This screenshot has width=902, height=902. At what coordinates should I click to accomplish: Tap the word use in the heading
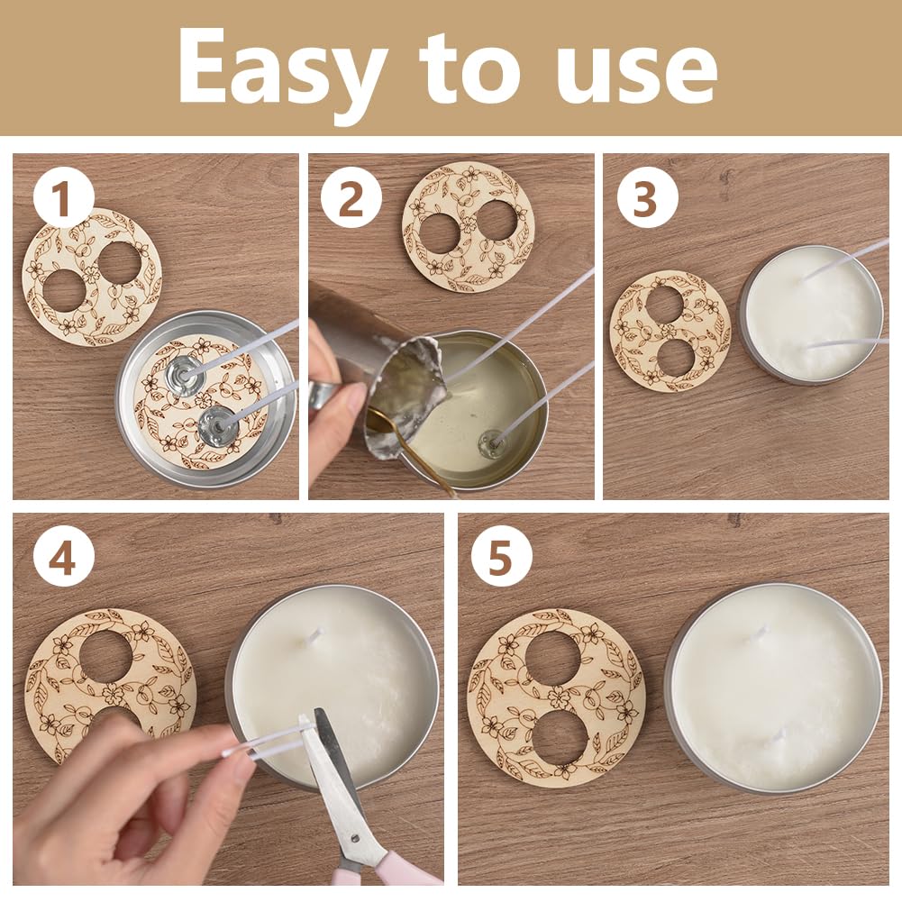click(x=637, y=74)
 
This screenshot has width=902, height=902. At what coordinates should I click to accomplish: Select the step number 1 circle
click(x=63, y=198)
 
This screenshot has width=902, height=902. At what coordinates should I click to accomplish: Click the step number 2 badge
click(x=351, y=198)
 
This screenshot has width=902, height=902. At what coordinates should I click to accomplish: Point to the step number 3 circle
click(x=647, y=198)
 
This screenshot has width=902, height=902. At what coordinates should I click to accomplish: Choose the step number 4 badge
click(x=63, y=556)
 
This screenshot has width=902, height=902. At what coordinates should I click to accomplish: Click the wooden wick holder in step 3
click(x=670, y=332)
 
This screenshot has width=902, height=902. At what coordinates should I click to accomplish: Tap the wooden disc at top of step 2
click(x=469, y=227)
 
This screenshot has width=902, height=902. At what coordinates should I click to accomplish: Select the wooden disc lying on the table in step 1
click(x=92, y=278)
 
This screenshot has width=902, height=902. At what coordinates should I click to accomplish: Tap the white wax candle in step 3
click(x=811, y=314)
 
